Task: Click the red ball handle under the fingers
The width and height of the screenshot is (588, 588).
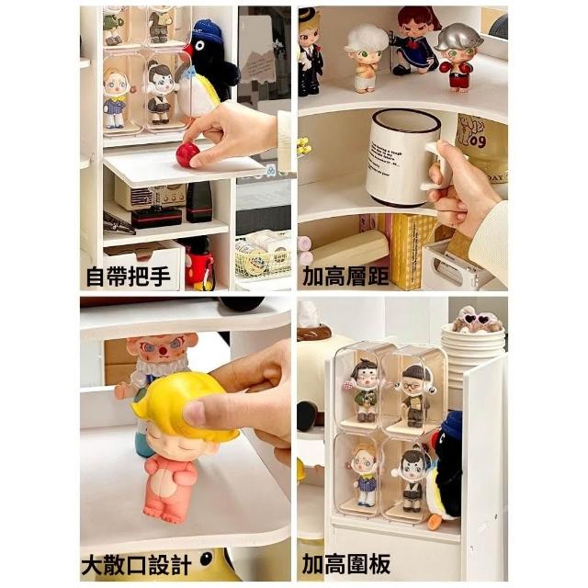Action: [x=187, y=154]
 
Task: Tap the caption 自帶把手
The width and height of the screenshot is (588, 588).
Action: [x=129, y=277]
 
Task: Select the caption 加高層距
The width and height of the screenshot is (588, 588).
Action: [x=345, y=277]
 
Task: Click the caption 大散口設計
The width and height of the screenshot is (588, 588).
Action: [x=136, y=564]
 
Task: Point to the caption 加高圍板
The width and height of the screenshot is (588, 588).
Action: [x=346, y=563]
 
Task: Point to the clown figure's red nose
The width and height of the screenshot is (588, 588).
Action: [x=162, y=351]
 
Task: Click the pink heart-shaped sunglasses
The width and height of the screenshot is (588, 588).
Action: [x=476, y=320]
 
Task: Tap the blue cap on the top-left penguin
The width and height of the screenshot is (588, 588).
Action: [x=207, y=30]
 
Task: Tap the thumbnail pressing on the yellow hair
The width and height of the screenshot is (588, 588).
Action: [x=194, y=413]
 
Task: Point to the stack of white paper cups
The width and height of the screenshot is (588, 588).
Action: [x=472, y=360]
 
